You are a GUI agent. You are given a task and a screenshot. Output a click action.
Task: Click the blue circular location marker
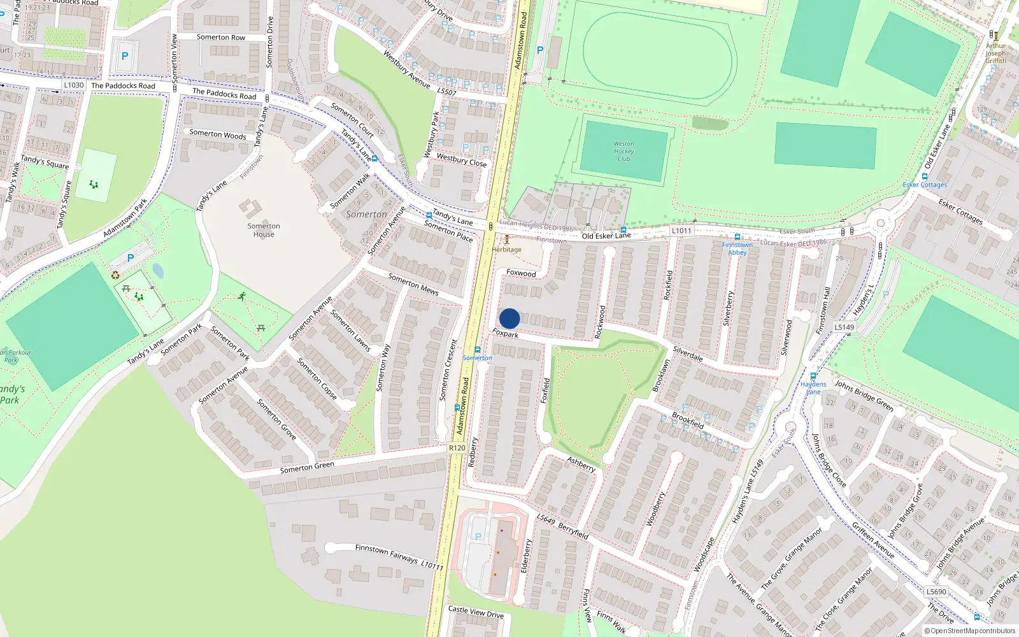click(509, 318)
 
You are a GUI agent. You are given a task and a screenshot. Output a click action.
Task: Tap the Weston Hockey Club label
click(624, 152)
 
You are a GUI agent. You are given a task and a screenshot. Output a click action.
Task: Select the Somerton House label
click(264, 230)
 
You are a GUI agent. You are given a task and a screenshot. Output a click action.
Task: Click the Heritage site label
click(507, 249)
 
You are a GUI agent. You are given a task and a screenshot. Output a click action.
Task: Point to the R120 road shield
click(457, 448)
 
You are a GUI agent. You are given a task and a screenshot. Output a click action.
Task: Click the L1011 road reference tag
click(681, 231)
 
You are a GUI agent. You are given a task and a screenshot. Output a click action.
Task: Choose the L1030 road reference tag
click(74, 85)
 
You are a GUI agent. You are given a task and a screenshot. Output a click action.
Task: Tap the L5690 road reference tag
click(936, 591)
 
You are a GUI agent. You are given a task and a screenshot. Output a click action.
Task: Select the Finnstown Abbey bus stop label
click(737, 248)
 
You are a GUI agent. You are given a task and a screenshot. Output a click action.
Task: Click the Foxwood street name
click(521, 273)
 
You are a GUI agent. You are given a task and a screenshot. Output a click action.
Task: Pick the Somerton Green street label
click(307, 468)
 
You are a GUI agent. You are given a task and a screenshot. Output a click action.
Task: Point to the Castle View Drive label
click(476, 612)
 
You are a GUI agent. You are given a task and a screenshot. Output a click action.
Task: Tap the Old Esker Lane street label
click(606, 236)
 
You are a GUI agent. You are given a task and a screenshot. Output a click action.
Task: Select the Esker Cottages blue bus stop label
click(925, 185)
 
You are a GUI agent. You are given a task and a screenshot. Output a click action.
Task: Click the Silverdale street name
click(688, 354)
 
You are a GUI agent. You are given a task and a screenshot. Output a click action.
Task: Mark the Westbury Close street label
click(462, 160)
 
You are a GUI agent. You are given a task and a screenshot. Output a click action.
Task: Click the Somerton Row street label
click(220, 38)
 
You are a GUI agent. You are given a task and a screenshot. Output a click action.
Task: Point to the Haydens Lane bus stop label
click(813, 388)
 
